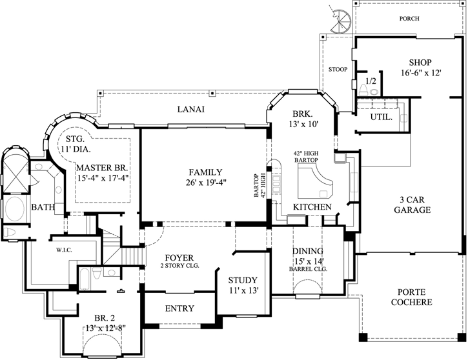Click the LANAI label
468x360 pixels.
coord(190,110)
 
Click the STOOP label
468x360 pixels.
coord(338,70)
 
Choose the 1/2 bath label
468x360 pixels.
coord(371,82)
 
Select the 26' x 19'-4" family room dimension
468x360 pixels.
coord(205,183)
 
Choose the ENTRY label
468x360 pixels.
coord(179,308)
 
